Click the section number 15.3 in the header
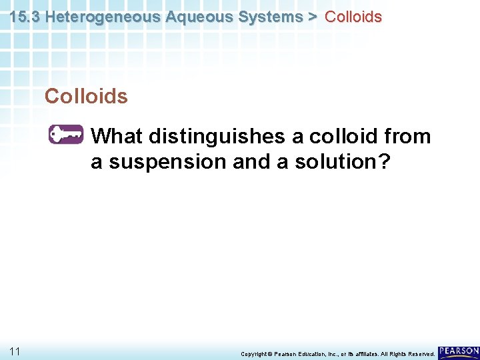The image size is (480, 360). pos(25,17)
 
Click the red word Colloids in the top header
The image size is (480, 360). pos(353,17)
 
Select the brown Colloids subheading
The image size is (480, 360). pos(86,97)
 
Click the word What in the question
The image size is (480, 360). pos(117,137)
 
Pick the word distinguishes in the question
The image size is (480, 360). pos(217,137)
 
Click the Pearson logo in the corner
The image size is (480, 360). pos(459,351)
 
